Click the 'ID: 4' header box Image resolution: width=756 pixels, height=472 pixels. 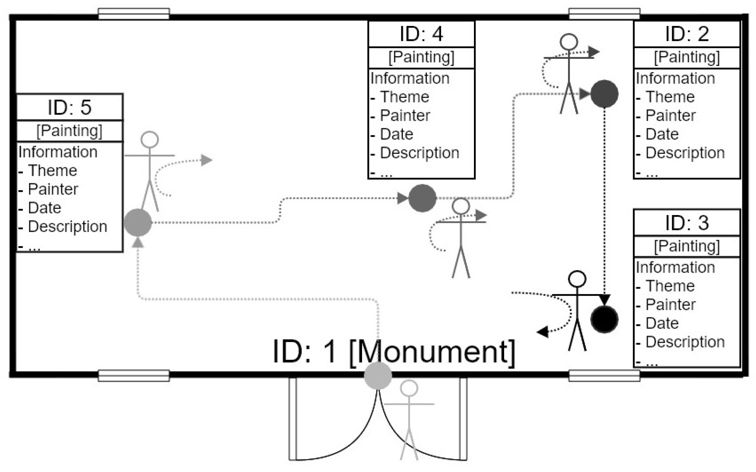coord(421,34)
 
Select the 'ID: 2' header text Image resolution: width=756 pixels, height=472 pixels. coord(687,34)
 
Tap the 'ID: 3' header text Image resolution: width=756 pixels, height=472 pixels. coord(687,223)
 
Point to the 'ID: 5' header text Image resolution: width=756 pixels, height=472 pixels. coord(69,107)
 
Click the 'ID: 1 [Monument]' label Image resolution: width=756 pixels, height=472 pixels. coord(393,352)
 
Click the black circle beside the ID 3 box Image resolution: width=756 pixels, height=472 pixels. coord(604,319)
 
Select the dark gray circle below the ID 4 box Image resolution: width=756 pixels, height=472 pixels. coord(422,198)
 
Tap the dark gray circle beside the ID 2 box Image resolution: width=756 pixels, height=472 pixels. coord(604,94)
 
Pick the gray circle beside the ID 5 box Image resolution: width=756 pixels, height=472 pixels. coord(138,223)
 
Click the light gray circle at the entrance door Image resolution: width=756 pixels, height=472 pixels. coord(378,376)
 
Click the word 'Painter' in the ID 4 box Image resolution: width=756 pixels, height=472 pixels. coord(405,116)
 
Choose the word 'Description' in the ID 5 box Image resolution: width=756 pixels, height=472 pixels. coord(68,227)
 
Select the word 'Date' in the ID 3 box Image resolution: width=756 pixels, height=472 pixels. coord(662,323)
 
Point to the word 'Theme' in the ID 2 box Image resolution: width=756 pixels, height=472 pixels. coord(670,97)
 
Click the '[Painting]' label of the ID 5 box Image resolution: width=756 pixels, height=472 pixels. coord(69,131)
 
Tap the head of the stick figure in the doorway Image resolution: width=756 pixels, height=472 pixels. coord(409,388)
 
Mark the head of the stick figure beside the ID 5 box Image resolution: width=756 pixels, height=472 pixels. coord(150,140)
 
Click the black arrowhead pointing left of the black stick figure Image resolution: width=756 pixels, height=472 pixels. coord(543,332)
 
